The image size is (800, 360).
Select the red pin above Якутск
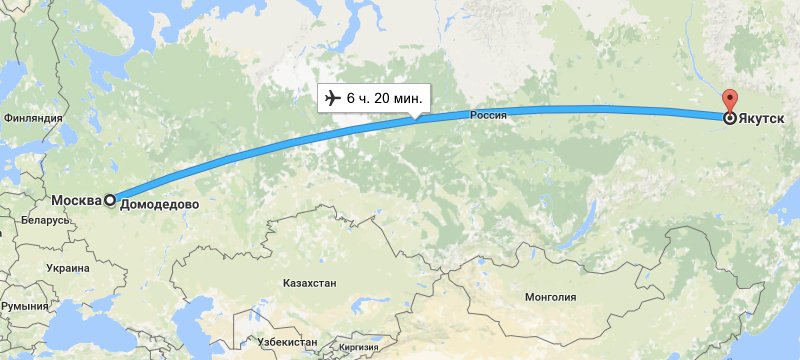click(730, 103)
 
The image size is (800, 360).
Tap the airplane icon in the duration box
click(331, 98)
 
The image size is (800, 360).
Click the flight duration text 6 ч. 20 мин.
click(384, 98)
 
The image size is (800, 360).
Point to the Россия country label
click(489, 115)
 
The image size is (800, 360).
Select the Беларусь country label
click(41, 219)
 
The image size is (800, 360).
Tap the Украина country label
click(67, 268)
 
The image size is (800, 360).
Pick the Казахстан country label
click(309, 283)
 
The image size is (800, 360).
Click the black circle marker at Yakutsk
click(730, 118)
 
